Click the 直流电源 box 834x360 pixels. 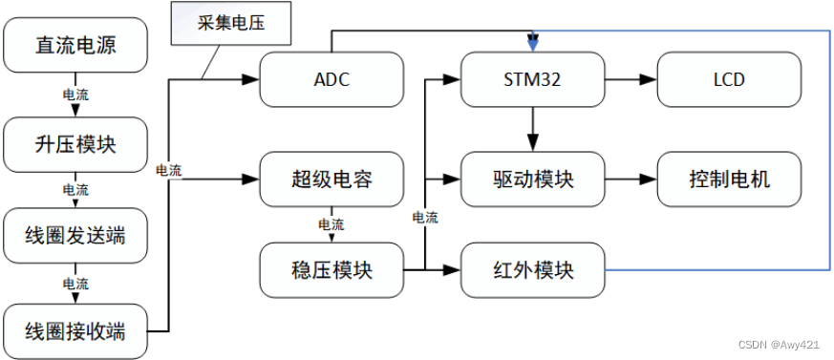77,45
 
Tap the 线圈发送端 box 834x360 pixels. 77,235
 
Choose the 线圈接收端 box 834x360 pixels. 77,330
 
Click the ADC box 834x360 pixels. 331,79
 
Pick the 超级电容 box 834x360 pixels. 331,179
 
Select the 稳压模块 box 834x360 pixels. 331,270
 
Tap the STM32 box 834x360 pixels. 533,79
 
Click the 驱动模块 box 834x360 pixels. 533,179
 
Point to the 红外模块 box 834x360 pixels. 533,270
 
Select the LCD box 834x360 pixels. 728,79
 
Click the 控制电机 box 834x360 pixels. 728,179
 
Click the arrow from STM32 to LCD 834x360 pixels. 631,79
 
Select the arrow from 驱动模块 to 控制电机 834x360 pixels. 631,179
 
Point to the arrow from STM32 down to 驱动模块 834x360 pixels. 533,127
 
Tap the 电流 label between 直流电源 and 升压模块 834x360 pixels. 76,95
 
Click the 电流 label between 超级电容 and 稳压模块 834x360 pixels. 331,224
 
